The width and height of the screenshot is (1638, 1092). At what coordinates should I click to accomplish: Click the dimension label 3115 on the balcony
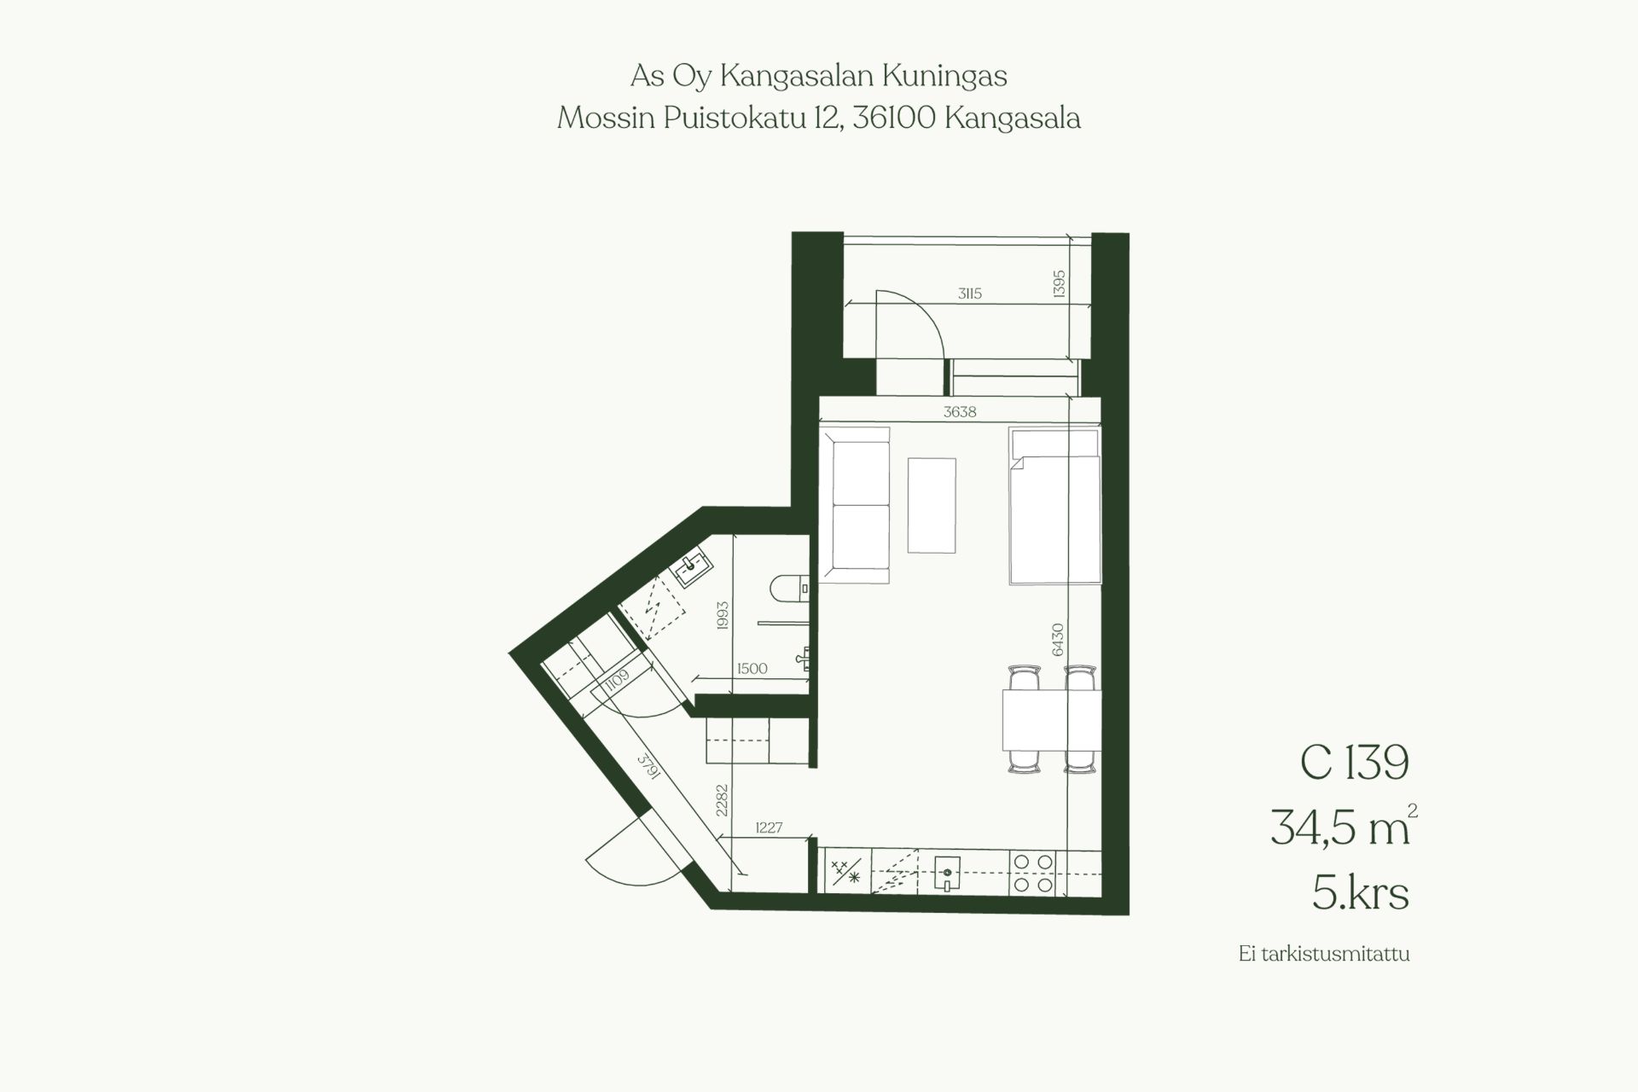[x=969, y=293]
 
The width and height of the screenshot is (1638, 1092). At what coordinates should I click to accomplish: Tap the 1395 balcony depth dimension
[x=1059, y=284]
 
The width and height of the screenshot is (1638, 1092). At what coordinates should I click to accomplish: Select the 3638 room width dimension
[x=960, y=412]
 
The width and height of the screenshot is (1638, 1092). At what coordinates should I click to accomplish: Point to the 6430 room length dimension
[x=1058, y=639]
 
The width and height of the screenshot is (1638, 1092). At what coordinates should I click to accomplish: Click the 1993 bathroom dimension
[x=723, y=616]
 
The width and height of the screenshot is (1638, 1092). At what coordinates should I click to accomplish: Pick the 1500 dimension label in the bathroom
[x=752, y=669]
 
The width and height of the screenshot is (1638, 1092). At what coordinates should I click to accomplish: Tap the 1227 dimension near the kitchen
[x=769, y=828]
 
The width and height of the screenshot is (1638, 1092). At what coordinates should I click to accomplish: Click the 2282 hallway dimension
[x=723, y=800]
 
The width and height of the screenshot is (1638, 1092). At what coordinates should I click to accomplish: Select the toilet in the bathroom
[x=787, y=589]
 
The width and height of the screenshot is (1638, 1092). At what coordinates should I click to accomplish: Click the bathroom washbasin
[x=693, y=567]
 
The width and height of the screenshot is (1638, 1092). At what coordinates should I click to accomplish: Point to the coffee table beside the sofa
[x=932, y=505]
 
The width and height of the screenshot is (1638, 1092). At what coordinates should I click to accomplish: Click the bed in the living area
[x=1054, y=506]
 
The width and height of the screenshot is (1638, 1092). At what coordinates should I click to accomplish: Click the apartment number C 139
[x=1354, y=763]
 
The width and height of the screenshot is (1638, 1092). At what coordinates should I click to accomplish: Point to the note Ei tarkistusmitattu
[x=1324, y=954]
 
